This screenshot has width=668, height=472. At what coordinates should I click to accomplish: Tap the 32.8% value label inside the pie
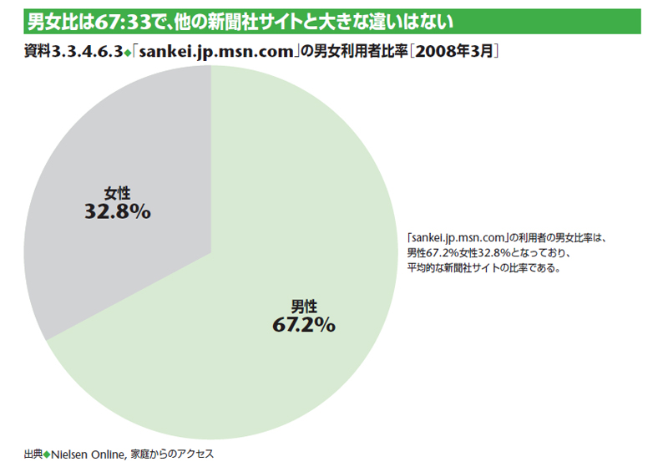click(117, 212)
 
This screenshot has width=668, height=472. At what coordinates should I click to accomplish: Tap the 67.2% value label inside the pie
click(303, 324)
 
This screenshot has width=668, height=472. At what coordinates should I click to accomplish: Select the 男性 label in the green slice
click(303, 305)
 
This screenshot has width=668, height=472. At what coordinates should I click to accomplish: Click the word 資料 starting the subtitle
click(37, 52)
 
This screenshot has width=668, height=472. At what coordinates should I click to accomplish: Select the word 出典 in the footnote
click(33, 454)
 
